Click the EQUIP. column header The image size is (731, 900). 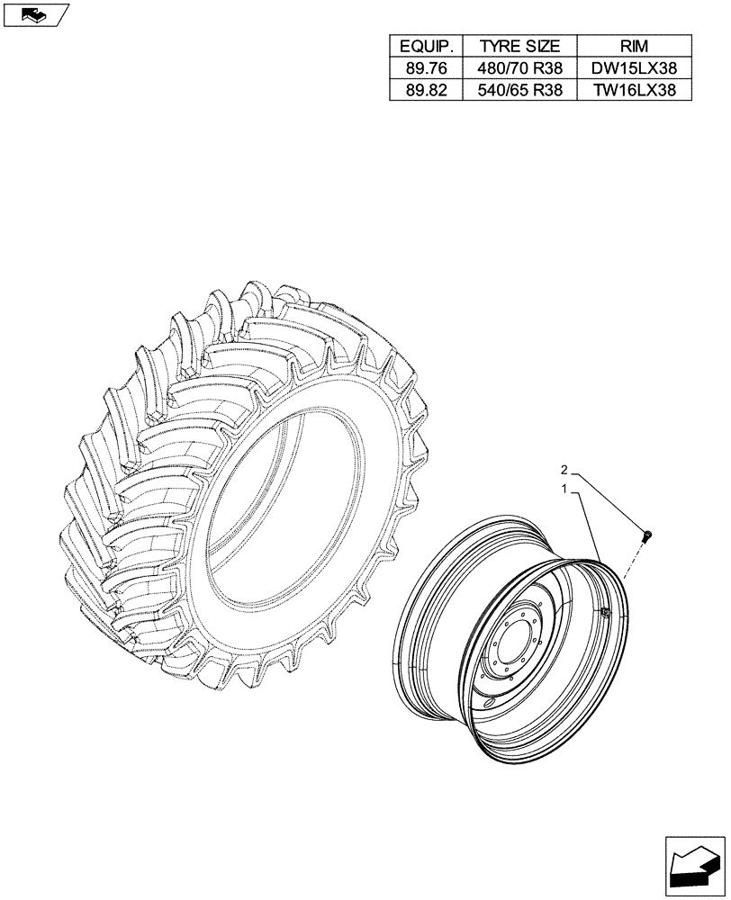point(425,46)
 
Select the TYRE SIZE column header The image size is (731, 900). point(519,46)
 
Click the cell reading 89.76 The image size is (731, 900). point(425,67)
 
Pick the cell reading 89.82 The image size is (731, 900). point(425,89)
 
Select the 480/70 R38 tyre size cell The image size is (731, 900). point(519,67)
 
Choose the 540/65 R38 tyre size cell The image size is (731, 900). point(519,89)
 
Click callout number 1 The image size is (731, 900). point(564,490)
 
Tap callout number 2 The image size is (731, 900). point(564,470)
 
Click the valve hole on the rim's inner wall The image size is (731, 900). point(605,613)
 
